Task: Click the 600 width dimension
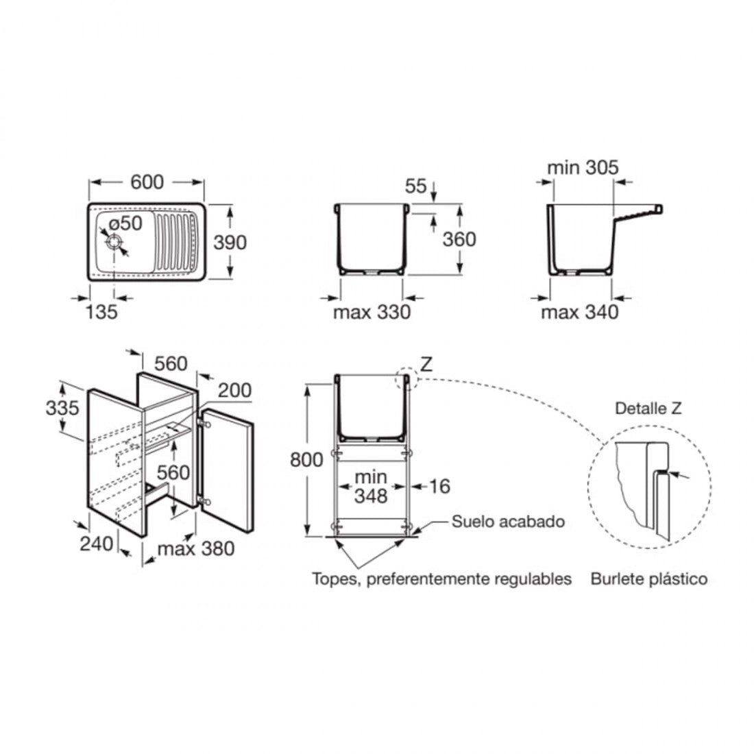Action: (x=147, y=182)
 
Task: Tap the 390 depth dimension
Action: (x=230, y=243)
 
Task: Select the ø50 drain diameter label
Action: (x=125, y=223)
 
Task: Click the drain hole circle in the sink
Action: (x=114, y=243)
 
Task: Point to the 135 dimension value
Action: (x=101, y=312)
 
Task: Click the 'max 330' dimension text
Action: (x=372, y=312)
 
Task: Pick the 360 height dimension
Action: (x=459, y=239)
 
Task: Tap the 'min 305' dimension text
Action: (x=583, y=167)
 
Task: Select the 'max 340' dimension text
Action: (x=580, y=312)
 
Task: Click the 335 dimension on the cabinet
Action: (x=62, y=408)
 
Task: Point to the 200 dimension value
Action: (x=234, y=390)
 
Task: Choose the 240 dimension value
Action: (x=97, y=544)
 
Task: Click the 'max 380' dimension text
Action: (x=196, y=548)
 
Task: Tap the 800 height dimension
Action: (x=307, y=460)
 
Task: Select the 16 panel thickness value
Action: (x=439, y=486)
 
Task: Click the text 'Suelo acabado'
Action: (x=509, y=521)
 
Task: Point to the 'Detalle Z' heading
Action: (x=648, y=409)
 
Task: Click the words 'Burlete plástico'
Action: (x=649, y=578)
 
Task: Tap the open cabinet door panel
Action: (x=226, y=470)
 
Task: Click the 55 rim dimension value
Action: (x=416, y=186)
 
